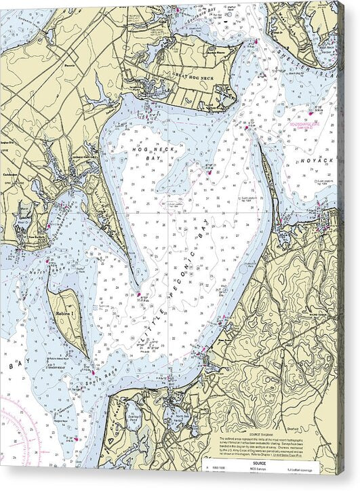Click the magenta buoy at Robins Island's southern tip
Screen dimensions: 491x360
[93, 372]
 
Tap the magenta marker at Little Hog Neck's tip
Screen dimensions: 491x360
[139, 294]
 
